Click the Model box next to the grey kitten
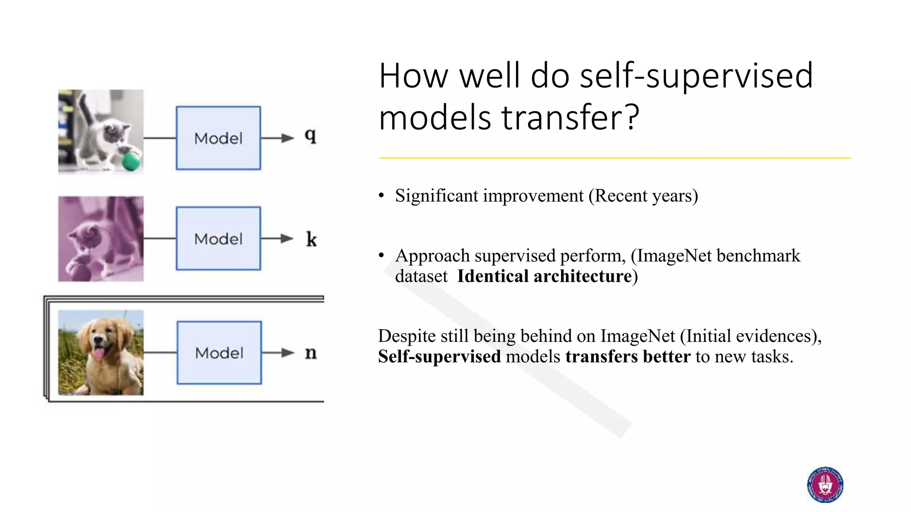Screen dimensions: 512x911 tap(218, 138)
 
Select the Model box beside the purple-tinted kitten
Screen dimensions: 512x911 tap(218, 238)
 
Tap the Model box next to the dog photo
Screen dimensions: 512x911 tap(219, 352)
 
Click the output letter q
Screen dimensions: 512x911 tap(310, 135)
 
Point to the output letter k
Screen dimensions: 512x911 tap(311, 240)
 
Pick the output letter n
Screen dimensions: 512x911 tap(311, 353)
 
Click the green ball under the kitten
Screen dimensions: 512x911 tap(131, 161)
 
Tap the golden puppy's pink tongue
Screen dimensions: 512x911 tap(99, 354)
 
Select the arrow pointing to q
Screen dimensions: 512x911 tap(278, 138)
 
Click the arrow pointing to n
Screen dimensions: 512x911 tap(278, 353)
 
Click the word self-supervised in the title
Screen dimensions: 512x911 tap(696, 76)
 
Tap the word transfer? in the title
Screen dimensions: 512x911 tap(570, 117)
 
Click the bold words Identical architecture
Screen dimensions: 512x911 tap(544, 276)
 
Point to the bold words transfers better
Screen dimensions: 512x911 tap(628, 356)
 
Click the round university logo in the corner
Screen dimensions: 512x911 tap(825, 485)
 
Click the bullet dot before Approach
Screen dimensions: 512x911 tap(381, 256)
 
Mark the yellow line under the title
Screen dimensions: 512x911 tap(615, 158)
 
